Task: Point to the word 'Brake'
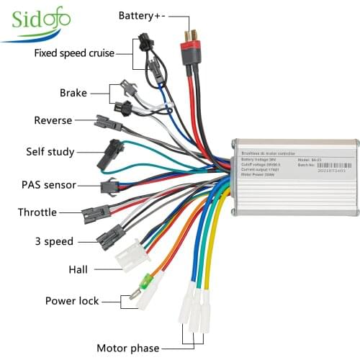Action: coord(73,92)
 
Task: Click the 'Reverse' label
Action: coord(53,120)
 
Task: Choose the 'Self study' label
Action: coord(49,152)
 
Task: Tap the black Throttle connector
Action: coord(96,213)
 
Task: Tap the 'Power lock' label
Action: coord(73,301)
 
